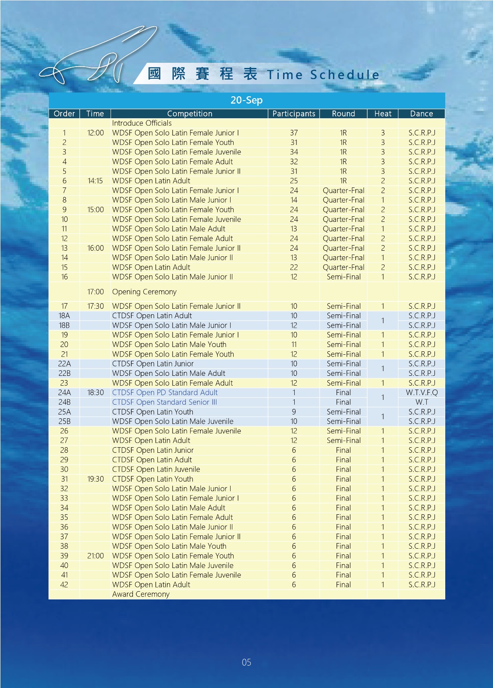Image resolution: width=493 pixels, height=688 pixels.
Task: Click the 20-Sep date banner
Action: point(246,100)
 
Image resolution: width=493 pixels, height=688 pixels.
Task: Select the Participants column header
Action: point(294,114)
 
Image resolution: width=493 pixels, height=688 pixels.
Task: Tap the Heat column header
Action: point(382,114)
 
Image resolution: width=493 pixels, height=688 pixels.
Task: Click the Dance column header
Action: point(421,114)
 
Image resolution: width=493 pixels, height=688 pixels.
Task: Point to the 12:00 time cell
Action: point(96,133)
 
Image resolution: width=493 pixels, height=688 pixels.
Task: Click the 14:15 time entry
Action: point(95,181)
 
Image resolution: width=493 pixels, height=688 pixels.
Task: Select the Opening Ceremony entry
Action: point(144,292)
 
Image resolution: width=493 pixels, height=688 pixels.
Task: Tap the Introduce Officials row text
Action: point(142,123)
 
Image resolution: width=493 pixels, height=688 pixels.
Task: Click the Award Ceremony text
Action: point(141,594)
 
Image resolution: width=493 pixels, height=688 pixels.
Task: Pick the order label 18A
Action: point(64,316)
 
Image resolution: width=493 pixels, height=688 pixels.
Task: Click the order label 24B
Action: point(64,402)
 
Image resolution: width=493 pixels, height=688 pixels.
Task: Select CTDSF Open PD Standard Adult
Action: point(165,393)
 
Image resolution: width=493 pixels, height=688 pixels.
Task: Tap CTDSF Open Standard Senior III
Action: point(164,402)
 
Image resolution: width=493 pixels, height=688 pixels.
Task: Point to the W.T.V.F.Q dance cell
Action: point(422,393)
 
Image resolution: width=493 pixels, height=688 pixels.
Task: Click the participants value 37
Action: point(294,133)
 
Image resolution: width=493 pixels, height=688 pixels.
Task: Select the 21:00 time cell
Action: point(96,556)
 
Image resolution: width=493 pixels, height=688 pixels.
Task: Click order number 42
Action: point(64,585)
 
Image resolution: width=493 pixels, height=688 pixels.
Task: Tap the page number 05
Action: point(246,662)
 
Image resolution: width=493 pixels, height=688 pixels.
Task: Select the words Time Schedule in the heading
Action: point(323,75)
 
